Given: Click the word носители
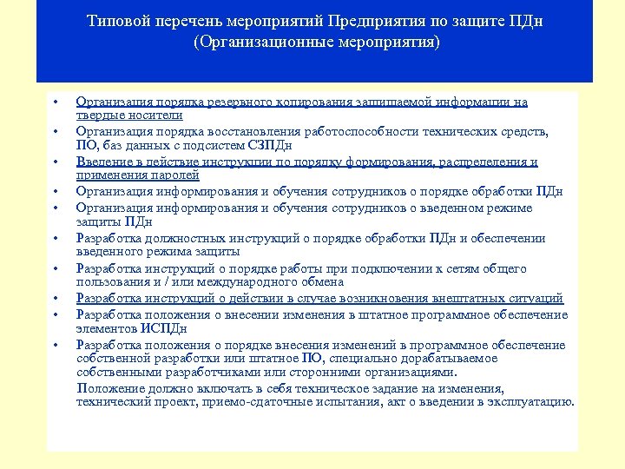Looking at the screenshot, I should pos(157,115).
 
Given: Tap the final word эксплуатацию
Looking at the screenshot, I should pos(531,402).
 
